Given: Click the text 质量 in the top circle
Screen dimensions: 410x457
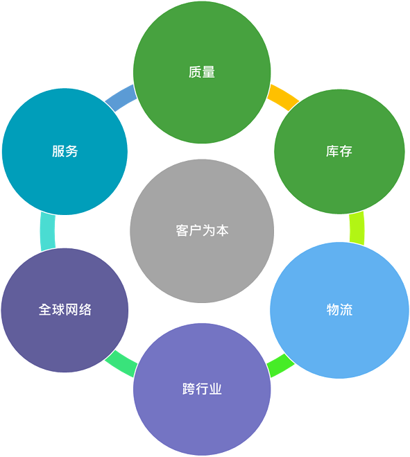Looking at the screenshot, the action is click(202, 72).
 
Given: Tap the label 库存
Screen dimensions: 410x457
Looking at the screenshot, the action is click(339, 151).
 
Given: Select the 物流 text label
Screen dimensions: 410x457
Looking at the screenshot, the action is click(339, 309).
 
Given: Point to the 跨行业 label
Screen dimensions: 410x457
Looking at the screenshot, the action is click(202, 389).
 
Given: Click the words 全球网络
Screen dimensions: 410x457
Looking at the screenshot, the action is click(65, 309).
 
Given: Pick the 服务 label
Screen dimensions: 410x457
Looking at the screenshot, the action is click(65, 151).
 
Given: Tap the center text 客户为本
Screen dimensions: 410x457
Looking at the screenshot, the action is click(202, 230).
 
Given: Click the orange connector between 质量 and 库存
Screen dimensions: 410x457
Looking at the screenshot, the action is click(283, 97).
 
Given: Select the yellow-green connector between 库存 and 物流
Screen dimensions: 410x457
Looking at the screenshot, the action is click(357, 228).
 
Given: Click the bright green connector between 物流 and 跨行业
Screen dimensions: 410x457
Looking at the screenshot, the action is click(280, 365).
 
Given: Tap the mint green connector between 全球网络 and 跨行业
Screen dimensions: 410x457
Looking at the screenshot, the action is click(121, 363).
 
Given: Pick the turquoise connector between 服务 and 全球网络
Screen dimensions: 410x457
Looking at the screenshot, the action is click(48, 232).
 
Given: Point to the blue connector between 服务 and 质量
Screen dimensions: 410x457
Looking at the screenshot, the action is click(121, 98).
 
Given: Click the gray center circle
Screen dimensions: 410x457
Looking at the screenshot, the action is click(202, 231).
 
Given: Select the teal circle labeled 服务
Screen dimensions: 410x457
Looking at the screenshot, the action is click(65, 152).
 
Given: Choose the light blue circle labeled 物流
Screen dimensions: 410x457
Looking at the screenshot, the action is click(339, 310).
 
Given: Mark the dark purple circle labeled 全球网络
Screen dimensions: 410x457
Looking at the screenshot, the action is click(65, 310).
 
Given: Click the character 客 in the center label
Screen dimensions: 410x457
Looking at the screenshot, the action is click(182, 230).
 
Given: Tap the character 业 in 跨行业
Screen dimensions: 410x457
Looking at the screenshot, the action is click(216, 389).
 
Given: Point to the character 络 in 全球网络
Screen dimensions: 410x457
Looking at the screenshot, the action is click(85, 309).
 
